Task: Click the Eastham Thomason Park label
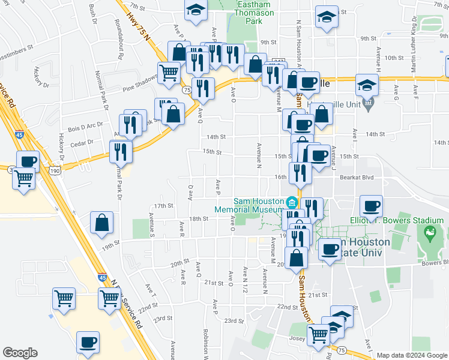[255, 13]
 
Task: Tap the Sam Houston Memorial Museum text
[250, 205]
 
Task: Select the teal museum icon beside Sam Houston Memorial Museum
[292, 201]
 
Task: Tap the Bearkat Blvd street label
[357, 177]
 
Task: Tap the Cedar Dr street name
[82, 142]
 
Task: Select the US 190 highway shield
[56, 171]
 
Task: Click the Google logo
[20, 353]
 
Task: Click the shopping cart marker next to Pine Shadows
[169, 72]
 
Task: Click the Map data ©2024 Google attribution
[411, 355]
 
